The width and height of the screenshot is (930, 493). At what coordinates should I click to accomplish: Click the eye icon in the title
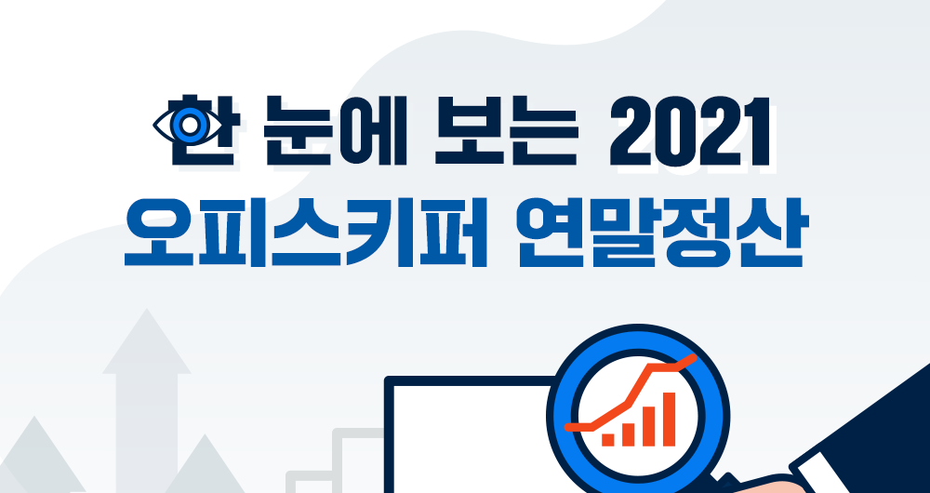188,126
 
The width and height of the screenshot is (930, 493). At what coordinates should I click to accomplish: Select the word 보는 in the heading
505,130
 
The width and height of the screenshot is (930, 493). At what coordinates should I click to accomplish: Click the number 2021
689,131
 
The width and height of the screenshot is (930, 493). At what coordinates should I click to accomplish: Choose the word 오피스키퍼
305,233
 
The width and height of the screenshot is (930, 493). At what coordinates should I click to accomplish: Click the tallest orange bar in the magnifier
669,419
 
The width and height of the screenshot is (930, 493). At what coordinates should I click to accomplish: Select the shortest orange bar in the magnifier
608,440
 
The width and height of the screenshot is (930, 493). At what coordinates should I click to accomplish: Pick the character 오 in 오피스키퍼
158,233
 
